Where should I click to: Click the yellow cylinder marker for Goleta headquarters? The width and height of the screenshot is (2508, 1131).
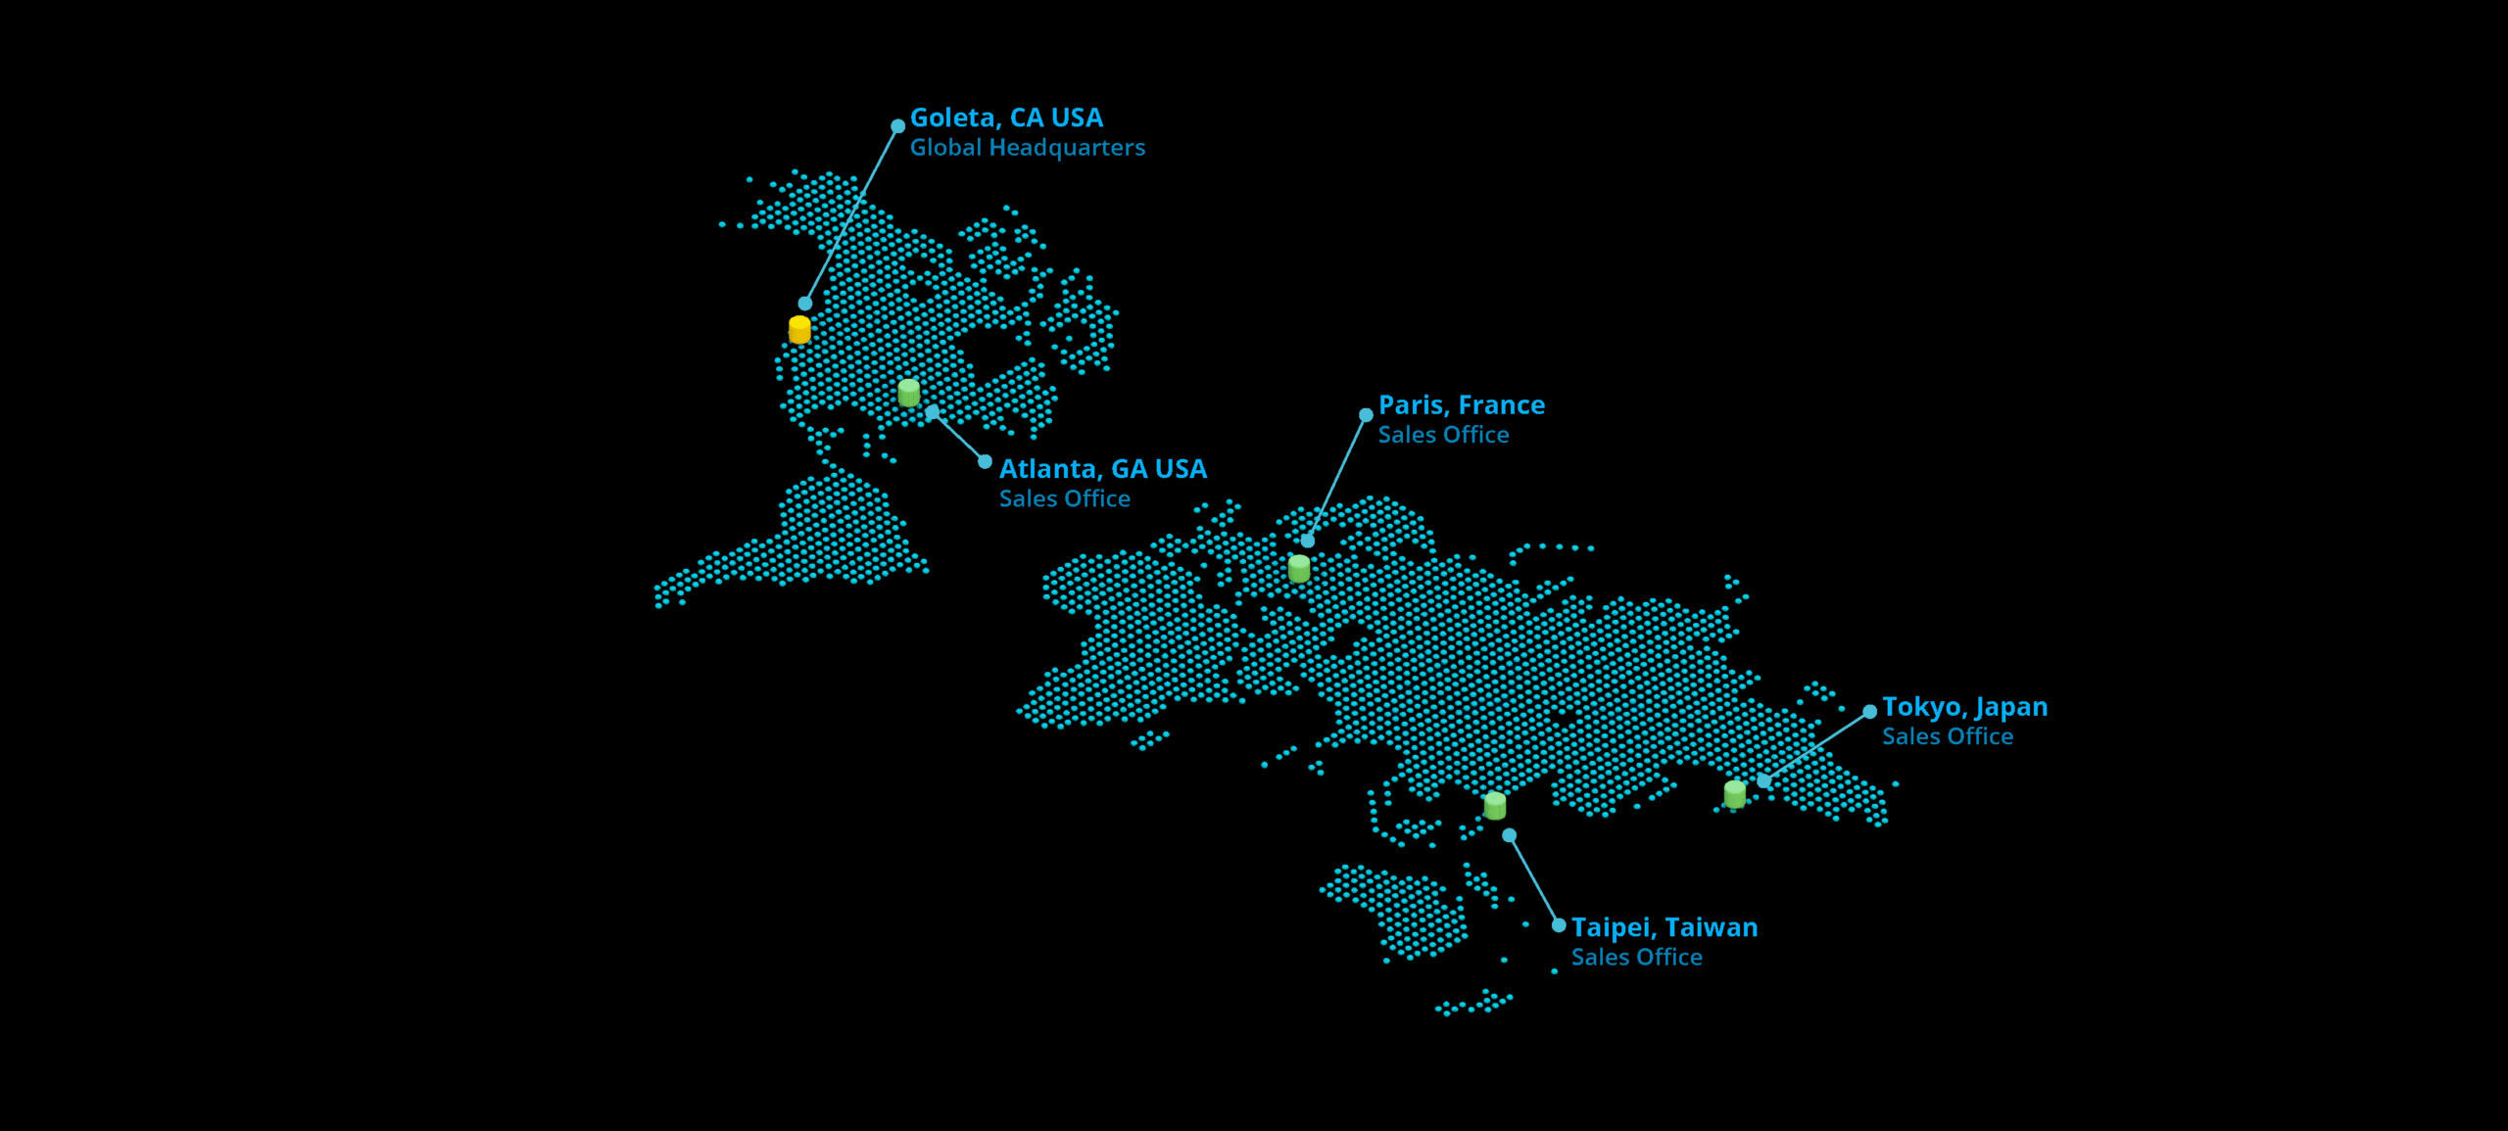(799, 330)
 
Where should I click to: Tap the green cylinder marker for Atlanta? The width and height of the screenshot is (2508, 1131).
(909, 393)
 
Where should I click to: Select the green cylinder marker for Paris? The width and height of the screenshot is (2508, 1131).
(1299, 569)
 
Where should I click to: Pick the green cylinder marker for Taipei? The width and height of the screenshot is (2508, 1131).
(1495, 806)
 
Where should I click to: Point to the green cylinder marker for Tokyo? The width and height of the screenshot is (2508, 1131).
(1735, 794)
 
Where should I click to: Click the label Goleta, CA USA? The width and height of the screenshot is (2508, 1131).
(1006, 118)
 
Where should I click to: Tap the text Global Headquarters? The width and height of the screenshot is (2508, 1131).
(1027, 148)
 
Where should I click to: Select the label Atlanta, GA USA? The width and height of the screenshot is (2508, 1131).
(1102, 470)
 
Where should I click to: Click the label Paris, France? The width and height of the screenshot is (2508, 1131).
(1461, 405)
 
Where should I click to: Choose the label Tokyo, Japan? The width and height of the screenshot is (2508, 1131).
(1964, 707)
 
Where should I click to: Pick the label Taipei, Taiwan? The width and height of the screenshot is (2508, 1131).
(1664, 927)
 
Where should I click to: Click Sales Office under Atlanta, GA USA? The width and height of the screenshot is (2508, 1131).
(1064, 499)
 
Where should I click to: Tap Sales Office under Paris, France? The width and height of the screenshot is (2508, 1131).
(1443, 435)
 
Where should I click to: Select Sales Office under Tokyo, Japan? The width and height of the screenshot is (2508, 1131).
(1947, 736)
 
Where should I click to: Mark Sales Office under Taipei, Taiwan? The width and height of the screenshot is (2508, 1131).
(1636, 958)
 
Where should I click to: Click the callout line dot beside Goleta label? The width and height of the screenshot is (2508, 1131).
(897, 126)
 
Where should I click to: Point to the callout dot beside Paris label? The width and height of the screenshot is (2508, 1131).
(1366, 415)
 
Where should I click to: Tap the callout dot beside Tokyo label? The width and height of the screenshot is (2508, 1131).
(1869, 712)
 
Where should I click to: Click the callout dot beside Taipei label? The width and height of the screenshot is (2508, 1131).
(1559, 925)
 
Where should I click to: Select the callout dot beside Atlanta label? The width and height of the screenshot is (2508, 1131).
(985, 462)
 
